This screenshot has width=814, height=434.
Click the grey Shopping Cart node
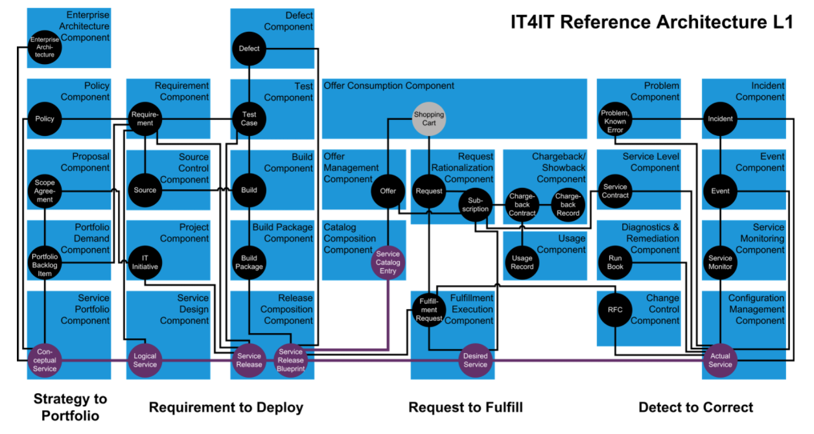[x=429, y=119]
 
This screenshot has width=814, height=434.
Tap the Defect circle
[x=249, y=49]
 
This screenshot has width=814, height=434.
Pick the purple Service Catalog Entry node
[x=388, y=262]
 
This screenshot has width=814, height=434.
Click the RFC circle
[x=615, y=310]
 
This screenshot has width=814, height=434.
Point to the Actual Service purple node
[x=720, y=360]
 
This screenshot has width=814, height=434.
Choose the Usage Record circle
[x=522, y=262]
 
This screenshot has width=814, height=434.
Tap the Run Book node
[x=615, y=262]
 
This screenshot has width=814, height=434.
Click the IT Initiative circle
[x=145, y=262]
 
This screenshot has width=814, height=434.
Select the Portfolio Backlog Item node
[x=45, y=262]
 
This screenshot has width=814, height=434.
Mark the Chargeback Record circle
[x=568, y=205]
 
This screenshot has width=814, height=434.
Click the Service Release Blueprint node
[x=290, y=360]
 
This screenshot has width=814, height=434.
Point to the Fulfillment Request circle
[x=429, y=310]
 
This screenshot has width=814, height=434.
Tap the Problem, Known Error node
[x=615, y=119]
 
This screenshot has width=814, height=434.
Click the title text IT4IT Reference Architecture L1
[x=651, y=22]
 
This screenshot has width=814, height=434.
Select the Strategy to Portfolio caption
[x=70, y=407]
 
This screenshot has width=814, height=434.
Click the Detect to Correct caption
[x=695, y=407]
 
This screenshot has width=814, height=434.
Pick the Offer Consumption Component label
[x=389, y=86]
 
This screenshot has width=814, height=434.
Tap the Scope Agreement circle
[x=45, y=191]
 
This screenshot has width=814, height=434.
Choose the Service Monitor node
[x=720, y=262]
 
